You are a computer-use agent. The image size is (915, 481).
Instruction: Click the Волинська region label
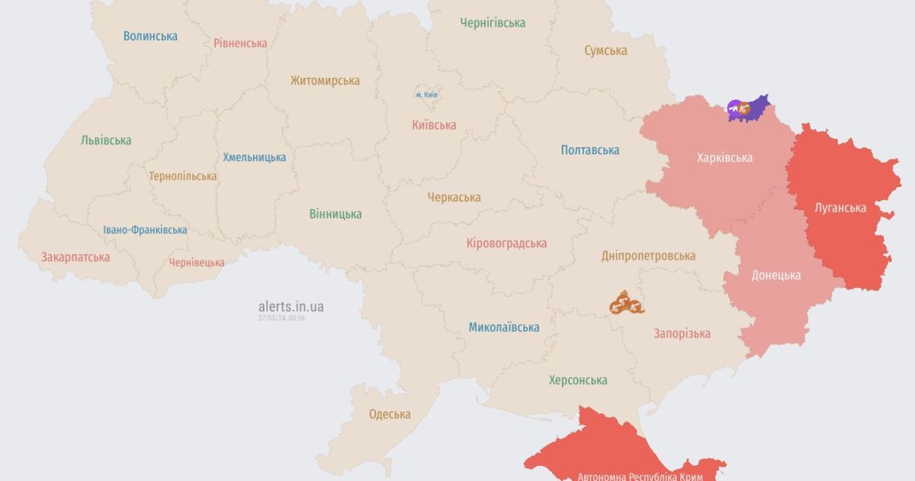(x=150, y=36)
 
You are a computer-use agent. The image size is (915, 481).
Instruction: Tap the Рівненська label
(x=240, y=43)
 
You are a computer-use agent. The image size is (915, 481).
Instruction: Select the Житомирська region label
(x=325, y=80)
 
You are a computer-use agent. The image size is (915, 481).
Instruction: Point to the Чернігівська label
(x=493, y=23)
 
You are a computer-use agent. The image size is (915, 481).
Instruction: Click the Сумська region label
(x=605, y=50)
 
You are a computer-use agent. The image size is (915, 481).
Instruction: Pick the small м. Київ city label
(x=427, y=95)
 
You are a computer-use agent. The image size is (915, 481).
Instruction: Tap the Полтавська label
(x=589, y=150)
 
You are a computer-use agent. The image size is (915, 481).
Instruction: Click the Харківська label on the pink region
(x=724, y=157)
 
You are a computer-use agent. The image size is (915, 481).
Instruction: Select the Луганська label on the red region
(x=840, y=208)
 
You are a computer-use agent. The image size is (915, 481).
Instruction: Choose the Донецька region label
(x=776, y=275)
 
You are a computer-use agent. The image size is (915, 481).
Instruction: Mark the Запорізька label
(x=682, y=333)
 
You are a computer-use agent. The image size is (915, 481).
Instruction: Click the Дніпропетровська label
(x=648, y=255)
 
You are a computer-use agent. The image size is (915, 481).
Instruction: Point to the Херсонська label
(x=578, y=379)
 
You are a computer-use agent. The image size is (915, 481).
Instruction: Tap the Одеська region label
(x=390, y=414)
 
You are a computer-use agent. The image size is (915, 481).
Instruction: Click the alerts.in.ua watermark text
(x=291, y=306)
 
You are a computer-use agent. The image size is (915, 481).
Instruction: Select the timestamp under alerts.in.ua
(x=281, y=318)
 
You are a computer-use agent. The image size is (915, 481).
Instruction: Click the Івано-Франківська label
(x=145, y=230)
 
